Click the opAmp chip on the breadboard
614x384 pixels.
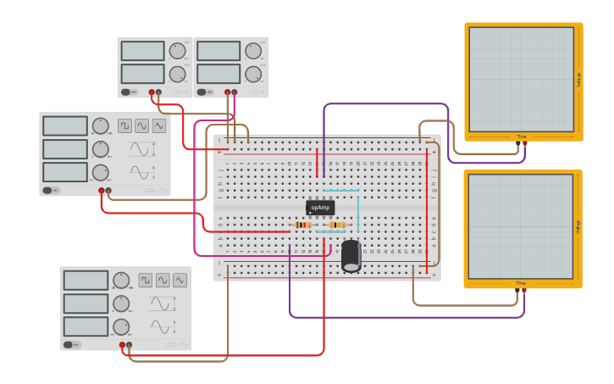pyautogui.click(x=320, y=208)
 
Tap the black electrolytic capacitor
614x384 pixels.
pyautogui.click(x=351, y=256)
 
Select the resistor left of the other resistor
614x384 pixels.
pyautogui.click(x=302, y=225)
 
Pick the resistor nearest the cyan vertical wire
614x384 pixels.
pyautogui.click(x=337, y=225)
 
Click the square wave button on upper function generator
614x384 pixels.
pyautogui.click(x=125, y=125)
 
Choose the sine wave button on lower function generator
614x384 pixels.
pyautogui.click(x=180, y=280)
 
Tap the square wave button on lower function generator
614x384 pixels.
pyautogui.click(x=146, y=280)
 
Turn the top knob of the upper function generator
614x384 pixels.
pyautogui.click(x=101, y=126)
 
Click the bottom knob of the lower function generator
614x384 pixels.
pyautogui.click(x=122, y=326)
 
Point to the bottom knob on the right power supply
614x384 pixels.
pyautogui.click(x=253, y=73)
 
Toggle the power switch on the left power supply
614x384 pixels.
pyautogui.click(x=126, y=92)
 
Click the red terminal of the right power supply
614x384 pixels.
pyautogui.click(x=229, y=92)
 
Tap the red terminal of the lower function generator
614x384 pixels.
pyautogui.click(x=123, y=345)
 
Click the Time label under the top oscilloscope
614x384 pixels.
pyautogui.click(x=521, y=136)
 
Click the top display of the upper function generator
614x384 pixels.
pyautogui.click(x=65, y=126)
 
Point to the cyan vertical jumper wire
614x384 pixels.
pyautogui.click(x=358, y=212)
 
